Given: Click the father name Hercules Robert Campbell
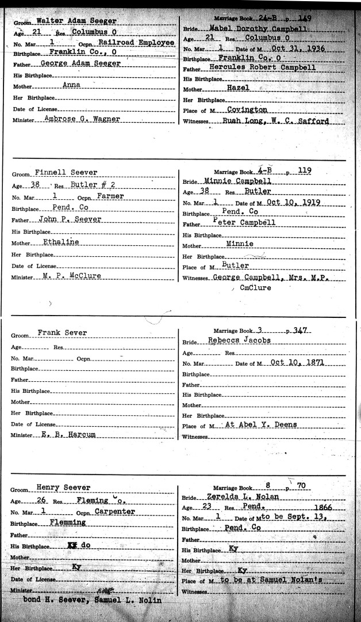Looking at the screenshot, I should (267, 67).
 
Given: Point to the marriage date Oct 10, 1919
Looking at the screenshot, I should (294, 203).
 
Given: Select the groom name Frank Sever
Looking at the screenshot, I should (62, 333).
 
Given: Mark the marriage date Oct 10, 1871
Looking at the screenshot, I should (296, 363).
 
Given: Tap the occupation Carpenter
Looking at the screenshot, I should (116, 511).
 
